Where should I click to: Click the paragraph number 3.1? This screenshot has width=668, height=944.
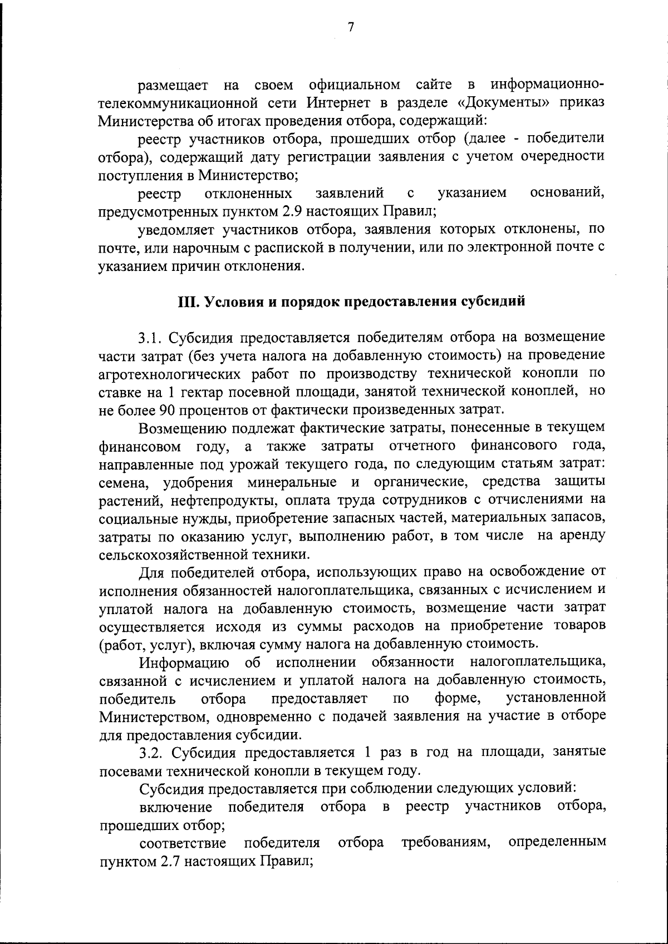pos(150,338)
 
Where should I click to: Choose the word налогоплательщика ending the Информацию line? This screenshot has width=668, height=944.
pos(537,662)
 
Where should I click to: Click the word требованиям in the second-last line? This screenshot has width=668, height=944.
pos(445,843)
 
